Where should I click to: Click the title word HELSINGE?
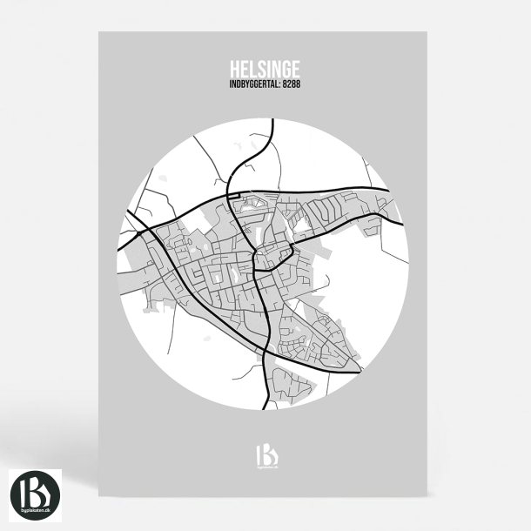(265, 69)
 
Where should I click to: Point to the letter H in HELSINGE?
(234, 69)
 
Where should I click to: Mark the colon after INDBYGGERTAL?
(279, 84)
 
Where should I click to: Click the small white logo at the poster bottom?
(265, 455)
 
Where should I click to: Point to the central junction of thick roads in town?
(253, 259)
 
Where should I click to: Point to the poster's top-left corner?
(99, 33)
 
